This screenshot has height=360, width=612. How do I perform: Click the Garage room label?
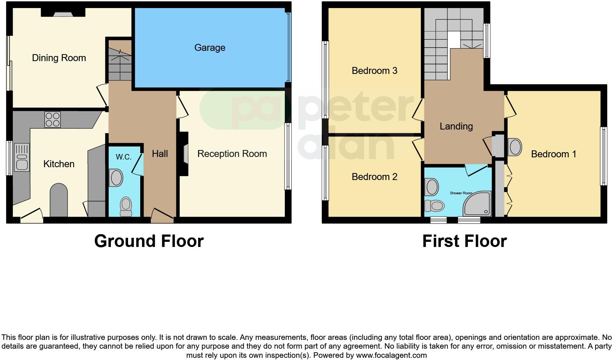[x=209, y=48]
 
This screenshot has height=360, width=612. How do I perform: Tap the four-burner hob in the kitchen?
[x=52, y=119]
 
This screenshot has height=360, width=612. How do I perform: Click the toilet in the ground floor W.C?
[x=126, y=206]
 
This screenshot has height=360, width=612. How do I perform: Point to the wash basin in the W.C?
[x=116, y=178]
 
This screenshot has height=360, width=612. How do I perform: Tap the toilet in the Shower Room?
[x=434, y=206]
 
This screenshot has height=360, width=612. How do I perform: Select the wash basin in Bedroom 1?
[x=515, y=147]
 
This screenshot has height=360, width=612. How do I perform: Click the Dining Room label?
[x=59, y=58]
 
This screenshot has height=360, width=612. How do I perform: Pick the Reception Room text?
[x=232, y=154]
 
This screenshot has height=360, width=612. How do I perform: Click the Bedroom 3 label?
[x=374, y=71]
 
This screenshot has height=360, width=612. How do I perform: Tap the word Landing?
[x=456, y=126]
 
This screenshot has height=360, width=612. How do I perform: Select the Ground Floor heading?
[x=149, y=241]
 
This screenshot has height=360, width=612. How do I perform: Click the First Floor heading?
[x=464, y=241]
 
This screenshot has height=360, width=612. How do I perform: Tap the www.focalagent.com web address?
[x=391, y=355]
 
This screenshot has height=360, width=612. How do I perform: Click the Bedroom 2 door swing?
[x=417, y=147]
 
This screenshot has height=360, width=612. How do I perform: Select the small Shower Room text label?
[x=461, y=193]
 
